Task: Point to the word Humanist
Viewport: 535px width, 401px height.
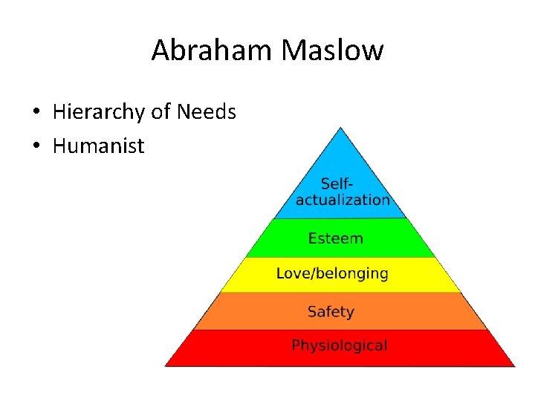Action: pos(98,146)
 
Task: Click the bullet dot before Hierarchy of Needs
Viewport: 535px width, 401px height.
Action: pos(36,113)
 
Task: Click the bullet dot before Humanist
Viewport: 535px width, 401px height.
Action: pos(36,146)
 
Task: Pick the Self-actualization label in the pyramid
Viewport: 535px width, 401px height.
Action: pos(343,191)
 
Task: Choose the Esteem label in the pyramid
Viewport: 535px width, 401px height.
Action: pos(336,238)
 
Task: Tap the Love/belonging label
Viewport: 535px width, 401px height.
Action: pos(332,273)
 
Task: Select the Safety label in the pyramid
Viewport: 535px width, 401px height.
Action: pos(331,312)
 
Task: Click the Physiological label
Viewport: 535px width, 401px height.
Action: pos(339,345)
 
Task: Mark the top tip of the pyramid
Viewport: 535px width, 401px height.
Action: pos(340,128)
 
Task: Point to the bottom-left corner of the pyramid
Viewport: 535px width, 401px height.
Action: pos(165,365)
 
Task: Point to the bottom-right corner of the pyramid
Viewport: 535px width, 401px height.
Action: pos(514,365)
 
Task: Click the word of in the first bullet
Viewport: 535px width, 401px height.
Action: pos(160,112)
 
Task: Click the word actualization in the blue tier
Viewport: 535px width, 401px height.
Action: pos(343,200)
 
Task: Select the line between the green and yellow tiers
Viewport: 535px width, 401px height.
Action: pos(340,258)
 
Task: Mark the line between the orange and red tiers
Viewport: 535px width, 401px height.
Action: pos(340,330)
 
